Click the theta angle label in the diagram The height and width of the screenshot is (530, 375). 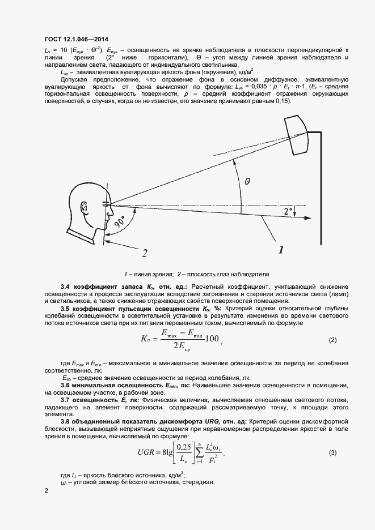click(x=247, y=182)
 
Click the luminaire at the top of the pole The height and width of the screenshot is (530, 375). click(x=298, y=134)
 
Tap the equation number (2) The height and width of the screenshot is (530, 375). click(x=333, y=340)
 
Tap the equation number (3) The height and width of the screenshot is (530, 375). click(x=333, y=452)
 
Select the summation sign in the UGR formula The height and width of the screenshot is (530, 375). click(x=200, y=453)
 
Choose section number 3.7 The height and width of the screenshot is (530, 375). click(x=66, y=400)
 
